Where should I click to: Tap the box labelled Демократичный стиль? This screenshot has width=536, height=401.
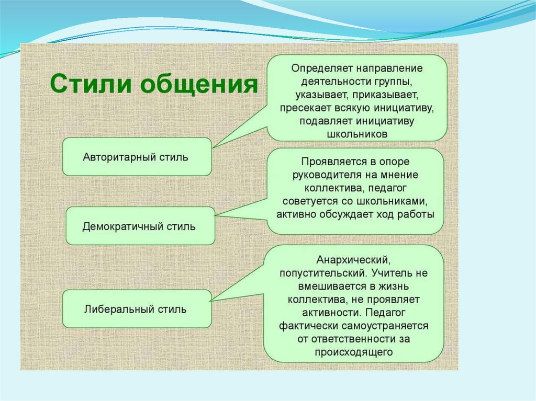click(139, 226)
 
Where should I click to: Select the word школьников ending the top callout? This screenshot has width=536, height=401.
click(357, 134)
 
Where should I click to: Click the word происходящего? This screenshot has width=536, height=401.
click(354, 352)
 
